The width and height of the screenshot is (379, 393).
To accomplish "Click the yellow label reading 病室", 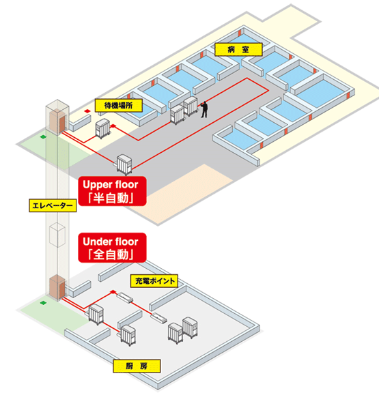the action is [238, 49].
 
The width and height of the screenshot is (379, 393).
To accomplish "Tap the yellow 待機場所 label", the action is [118, 106].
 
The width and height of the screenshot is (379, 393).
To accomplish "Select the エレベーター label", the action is [53, 205].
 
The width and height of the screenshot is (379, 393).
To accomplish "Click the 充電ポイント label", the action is [154, 280].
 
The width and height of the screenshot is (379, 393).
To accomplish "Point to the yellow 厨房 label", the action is [137, 366].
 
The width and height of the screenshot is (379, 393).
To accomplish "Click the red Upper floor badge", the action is [112, 191].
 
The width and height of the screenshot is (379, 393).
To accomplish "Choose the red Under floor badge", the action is [112, 248].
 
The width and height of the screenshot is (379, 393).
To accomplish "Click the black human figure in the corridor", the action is [204, 109].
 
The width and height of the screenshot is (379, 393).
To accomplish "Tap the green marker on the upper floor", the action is [44, 137].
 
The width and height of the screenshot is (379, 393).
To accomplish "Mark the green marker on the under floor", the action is [44, 303].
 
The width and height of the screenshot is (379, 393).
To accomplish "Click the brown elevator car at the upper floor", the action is [57, 121].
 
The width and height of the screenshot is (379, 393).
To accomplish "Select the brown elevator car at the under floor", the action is [57, 287].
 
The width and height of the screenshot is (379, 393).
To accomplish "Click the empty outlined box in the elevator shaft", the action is [57, 235].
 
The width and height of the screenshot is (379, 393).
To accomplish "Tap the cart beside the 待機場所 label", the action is [102, 128].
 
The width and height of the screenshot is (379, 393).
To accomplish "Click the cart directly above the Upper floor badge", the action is [124, 164].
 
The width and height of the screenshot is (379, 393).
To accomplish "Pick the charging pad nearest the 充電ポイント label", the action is [125, 297].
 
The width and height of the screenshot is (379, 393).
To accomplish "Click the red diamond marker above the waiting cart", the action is [87, 111].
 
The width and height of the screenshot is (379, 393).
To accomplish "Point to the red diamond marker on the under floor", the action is [113, 291].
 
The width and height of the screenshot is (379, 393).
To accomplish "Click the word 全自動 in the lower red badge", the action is [113, 254].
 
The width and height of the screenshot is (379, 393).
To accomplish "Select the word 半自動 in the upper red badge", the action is [113, 198].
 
